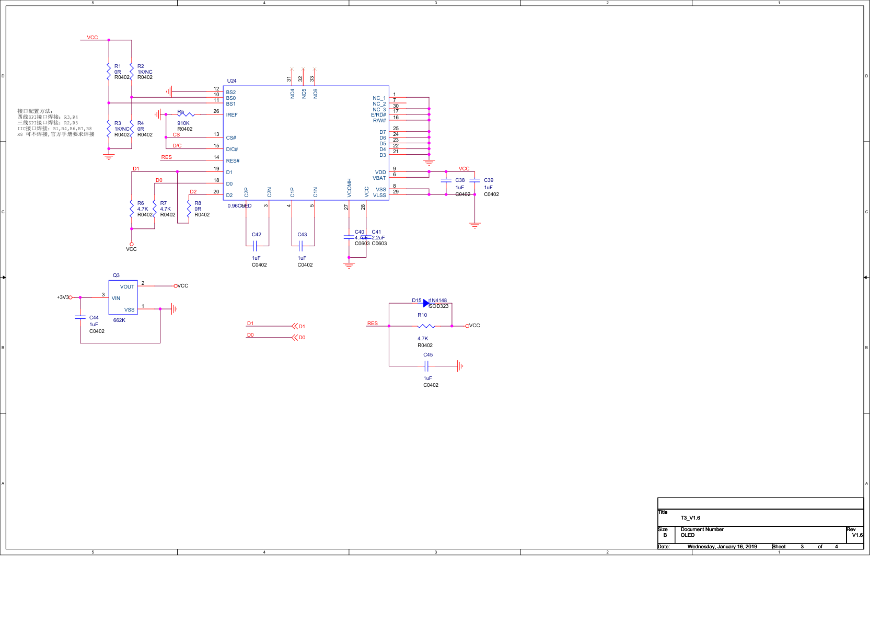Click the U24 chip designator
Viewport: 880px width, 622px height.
(x=231, y=81)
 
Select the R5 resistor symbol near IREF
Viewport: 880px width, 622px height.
(x=186, y=114)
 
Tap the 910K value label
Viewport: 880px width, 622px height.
(x=183, y=123)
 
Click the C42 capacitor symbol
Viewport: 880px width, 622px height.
(x=255, y=246)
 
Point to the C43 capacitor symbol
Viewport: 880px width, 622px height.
(x=300, y=246)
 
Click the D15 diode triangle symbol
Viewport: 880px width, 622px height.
(x=426, y=303)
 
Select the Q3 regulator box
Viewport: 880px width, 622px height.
(x=123, y=297)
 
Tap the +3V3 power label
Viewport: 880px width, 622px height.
(x=62, y=297)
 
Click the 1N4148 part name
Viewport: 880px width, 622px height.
(x=438, y=301)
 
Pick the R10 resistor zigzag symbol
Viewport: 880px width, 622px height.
(x=426, y=326)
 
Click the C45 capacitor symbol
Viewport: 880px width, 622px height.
(x=426, y=366)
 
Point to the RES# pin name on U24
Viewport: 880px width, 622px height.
(x=233, y=161)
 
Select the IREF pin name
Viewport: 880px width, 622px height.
(x=231, y=115)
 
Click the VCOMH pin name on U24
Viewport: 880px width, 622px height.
(x=350, y=188)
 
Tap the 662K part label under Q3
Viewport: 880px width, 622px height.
(x=119, y=320)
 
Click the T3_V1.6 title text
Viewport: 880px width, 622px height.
(x=690, y=518)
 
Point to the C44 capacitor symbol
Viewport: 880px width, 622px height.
(x=80, y=317)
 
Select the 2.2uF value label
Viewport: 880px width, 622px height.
(x=378, y=238)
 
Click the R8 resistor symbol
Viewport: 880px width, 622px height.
(x=189, y=208)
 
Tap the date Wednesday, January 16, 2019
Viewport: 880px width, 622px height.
(x=722, y=547)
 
